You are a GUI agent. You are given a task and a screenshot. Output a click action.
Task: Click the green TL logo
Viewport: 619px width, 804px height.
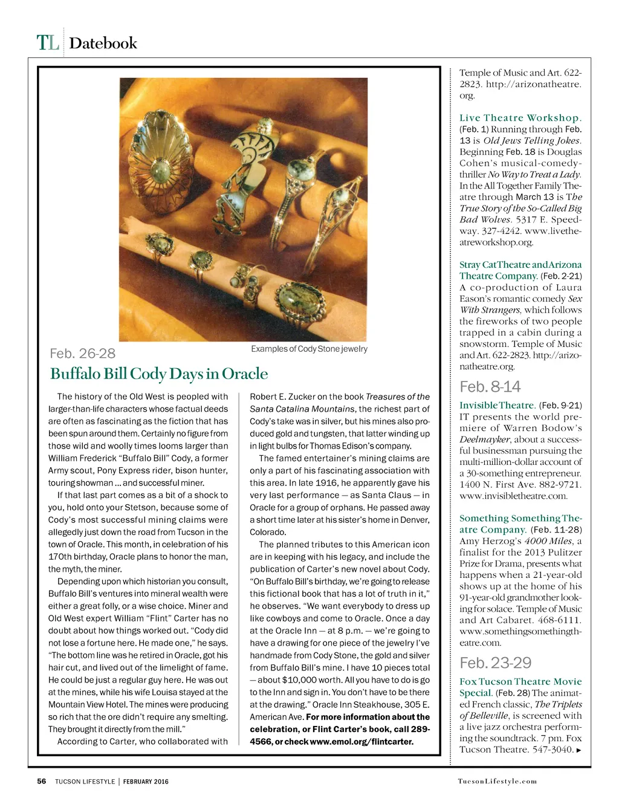coord(48,43)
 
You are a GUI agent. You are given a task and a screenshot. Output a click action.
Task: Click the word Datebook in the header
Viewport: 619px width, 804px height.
coord(103,44)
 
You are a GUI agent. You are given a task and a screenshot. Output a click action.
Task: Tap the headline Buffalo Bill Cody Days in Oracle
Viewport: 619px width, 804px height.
coord(158,374)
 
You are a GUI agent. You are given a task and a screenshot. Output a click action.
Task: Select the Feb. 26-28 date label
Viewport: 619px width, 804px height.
coord(82,354)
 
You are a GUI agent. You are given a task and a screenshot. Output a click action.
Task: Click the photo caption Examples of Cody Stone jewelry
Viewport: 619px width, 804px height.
coord(309,349)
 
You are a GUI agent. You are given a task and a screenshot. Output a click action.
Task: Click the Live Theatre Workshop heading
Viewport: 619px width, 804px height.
coord(520,118)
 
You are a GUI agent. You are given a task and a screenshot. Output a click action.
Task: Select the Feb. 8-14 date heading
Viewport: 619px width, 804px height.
coord(490,387)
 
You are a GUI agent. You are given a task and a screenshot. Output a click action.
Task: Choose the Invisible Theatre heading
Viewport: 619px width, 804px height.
coord(497,406)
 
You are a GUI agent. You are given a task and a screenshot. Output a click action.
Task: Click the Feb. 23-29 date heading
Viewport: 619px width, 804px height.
coord(496,663)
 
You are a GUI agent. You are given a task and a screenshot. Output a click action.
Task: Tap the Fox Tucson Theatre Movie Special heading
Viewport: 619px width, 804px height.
coord(520,687)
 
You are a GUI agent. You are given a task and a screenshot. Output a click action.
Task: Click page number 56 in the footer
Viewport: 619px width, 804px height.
coord(42,781)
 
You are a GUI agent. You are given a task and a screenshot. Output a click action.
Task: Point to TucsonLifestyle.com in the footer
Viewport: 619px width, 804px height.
coord(497,781)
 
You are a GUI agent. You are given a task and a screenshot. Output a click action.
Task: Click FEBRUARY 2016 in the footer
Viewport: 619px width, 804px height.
coord(146,782)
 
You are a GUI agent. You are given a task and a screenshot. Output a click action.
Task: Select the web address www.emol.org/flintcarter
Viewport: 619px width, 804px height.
coord(361,742)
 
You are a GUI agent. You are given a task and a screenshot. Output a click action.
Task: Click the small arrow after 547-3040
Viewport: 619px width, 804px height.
coord(579,750)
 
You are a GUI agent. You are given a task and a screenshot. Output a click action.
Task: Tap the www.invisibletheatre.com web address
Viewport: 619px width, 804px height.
coord(513,496)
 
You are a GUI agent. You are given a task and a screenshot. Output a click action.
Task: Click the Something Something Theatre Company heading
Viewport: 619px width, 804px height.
coord(520,524)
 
